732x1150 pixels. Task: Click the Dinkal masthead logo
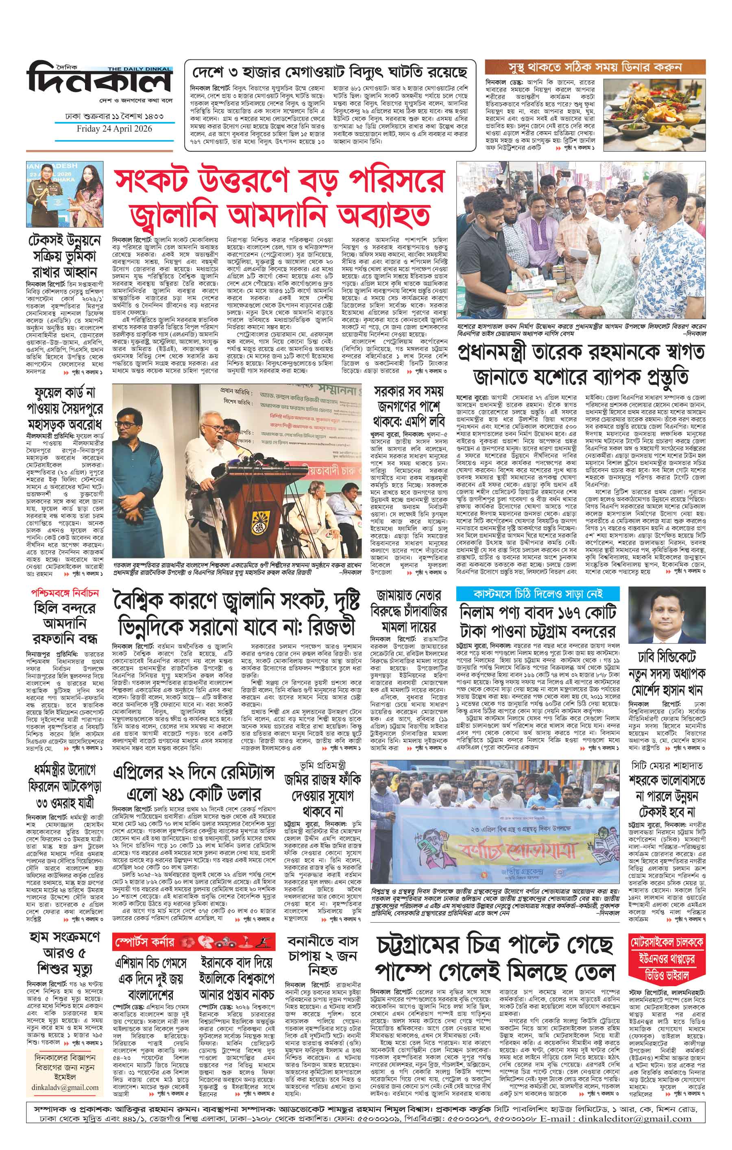click(x=99, y=80)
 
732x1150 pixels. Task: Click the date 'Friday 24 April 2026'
click(x=114, y=129)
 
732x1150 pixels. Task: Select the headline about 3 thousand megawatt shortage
click(x=329, y=73)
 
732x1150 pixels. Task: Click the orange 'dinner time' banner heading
click(x=595, y=67)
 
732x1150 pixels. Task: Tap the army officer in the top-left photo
click(x=45, y=200)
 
